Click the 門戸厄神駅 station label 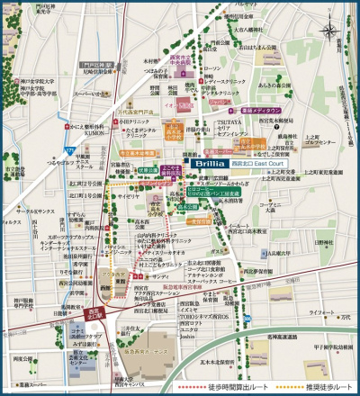(94, 64)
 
